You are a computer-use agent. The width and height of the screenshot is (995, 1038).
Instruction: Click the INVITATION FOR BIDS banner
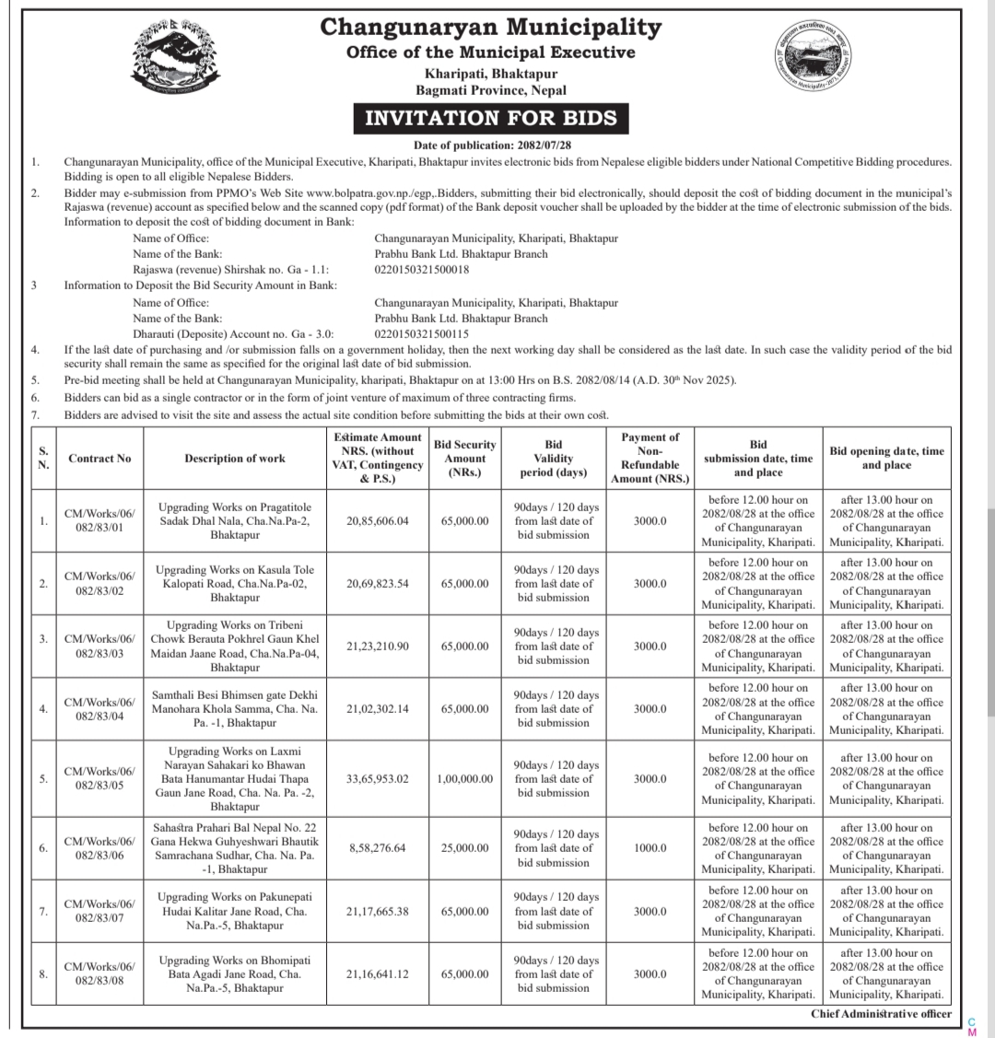(491, 119)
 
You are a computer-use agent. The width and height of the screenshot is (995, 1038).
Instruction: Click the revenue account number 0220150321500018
(422, 269)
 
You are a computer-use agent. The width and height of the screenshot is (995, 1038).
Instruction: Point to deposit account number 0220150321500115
(422, 333)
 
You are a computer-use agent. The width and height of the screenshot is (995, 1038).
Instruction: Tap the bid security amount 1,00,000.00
(464, 778)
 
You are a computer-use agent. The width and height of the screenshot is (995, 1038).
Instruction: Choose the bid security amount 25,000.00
(464, 848)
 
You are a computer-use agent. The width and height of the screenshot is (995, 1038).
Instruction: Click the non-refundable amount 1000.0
(650, 848)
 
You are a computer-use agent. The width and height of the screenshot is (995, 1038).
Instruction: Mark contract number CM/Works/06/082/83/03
(99, 646)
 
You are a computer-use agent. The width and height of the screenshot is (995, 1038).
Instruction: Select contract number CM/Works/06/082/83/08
(99, 974)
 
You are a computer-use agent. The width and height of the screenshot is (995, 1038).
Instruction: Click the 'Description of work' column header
(235, 459)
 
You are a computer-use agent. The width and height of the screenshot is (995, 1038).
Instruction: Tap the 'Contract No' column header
(99, 459)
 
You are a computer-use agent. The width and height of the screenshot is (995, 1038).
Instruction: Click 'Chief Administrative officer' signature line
(881, 1014)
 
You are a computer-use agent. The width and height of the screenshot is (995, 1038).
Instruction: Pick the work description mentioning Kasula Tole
(235, 583)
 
